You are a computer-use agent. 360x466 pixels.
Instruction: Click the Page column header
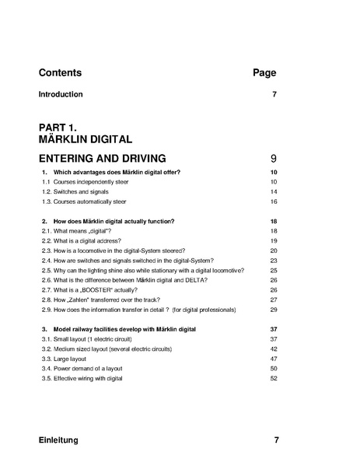[264, 73]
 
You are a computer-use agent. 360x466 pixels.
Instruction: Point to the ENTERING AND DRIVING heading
[109, 158]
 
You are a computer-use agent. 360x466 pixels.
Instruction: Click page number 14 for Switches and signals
[274, 191]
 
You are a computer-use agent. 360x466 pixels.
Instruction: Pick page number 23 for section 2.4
[274, 261]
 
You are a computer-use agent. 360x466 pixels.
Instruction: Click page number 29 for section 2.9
[274, 310]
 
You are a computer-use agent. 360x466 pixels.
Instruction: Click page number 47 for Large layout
[274, 359]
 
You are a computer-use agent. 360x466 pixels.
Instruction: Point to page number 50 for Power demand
[274, 369]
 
